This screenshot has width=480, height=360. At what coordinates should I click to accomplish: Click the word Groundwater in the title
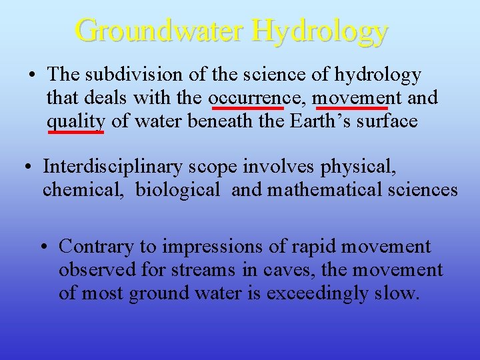pyautogui.click(x=159, y=31)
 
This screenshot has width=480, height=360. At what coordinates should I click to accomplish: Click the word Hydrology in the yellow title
pyautogui.click(x=320, y=31)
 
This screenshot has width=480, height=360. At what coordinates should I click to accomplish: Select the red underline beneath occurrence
pyautogui.click(x=246, y=107)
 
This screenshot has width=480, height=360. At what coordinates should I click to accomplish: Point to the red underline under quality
pyautogui.click(x=75, y=132)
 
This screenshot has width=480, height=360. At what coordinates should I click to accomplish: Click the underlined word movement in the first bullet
pyautogui.click(x=350, y=98)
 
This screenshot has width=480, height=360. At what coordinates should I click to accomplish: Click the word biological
pyautogui.click(x=177, y=190)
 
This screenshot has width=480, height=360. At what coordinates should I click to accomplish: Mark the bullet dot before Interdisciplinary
pyautogui.click(x=30, y=166)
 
